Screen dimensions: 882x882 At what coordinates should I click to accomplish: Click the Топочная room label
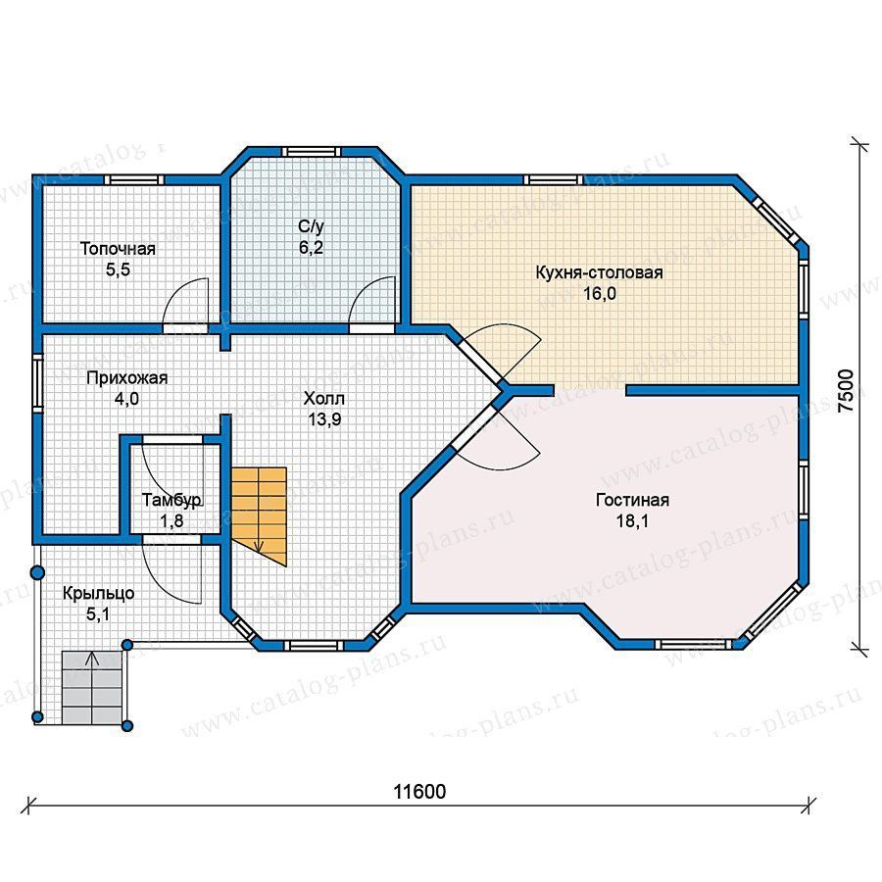point(118,249)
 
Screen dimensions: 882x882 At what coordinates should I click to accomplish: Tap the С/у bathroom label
point(311,226)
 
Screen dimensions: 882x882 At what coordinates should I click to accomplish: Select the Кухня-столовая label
point(599,272)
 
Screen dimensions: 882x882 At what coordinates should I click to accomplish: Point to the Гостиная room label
point(632,500)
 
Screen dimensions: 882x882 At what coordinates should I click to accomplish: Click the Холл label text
point(324,398)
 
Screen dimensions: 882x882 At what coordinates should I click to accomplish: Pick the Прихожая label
point(127,378)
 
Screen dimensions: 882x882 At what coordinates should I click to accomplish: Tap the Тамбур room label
point(171,500)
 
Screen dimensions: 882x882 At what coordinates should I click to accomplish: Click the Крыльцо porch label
point(98,594)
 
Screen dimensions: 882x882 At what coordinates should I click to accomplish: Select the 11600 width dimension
point(419,792)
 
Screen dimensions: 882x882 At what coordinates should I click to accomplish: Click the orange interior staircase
point(259,514)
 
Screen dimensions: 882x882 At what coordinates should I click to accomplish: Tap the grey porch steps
point(92,687)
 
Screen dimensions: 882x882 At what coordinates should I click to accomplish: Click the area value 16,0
point(600,294)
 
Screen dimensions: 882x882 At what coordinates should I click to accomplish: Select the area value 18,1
point(632,521)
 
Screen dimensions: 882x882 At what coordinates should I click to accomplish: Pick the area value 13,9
point(324,419)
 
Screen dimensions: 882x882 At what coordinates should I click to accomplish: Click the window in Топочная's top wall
point(134,180)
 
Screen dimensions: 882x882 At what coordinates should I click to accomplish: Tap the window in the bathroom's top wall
point(311,152)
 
